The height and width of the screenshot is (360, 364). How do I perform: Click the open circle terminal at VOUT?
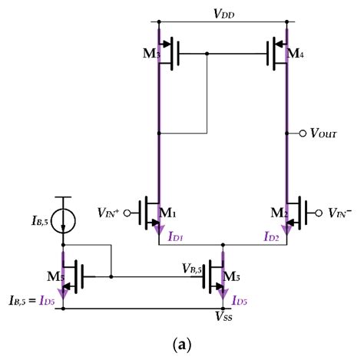pos(301,134)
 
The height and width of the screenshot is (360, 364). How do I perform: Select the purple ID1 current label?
pos(177,237)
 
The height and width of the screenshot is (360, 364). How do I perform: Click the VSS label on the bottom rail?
pos(226,315)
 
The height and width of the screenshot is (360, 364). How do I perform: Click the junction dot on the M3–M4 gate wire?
pos(207,54)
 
